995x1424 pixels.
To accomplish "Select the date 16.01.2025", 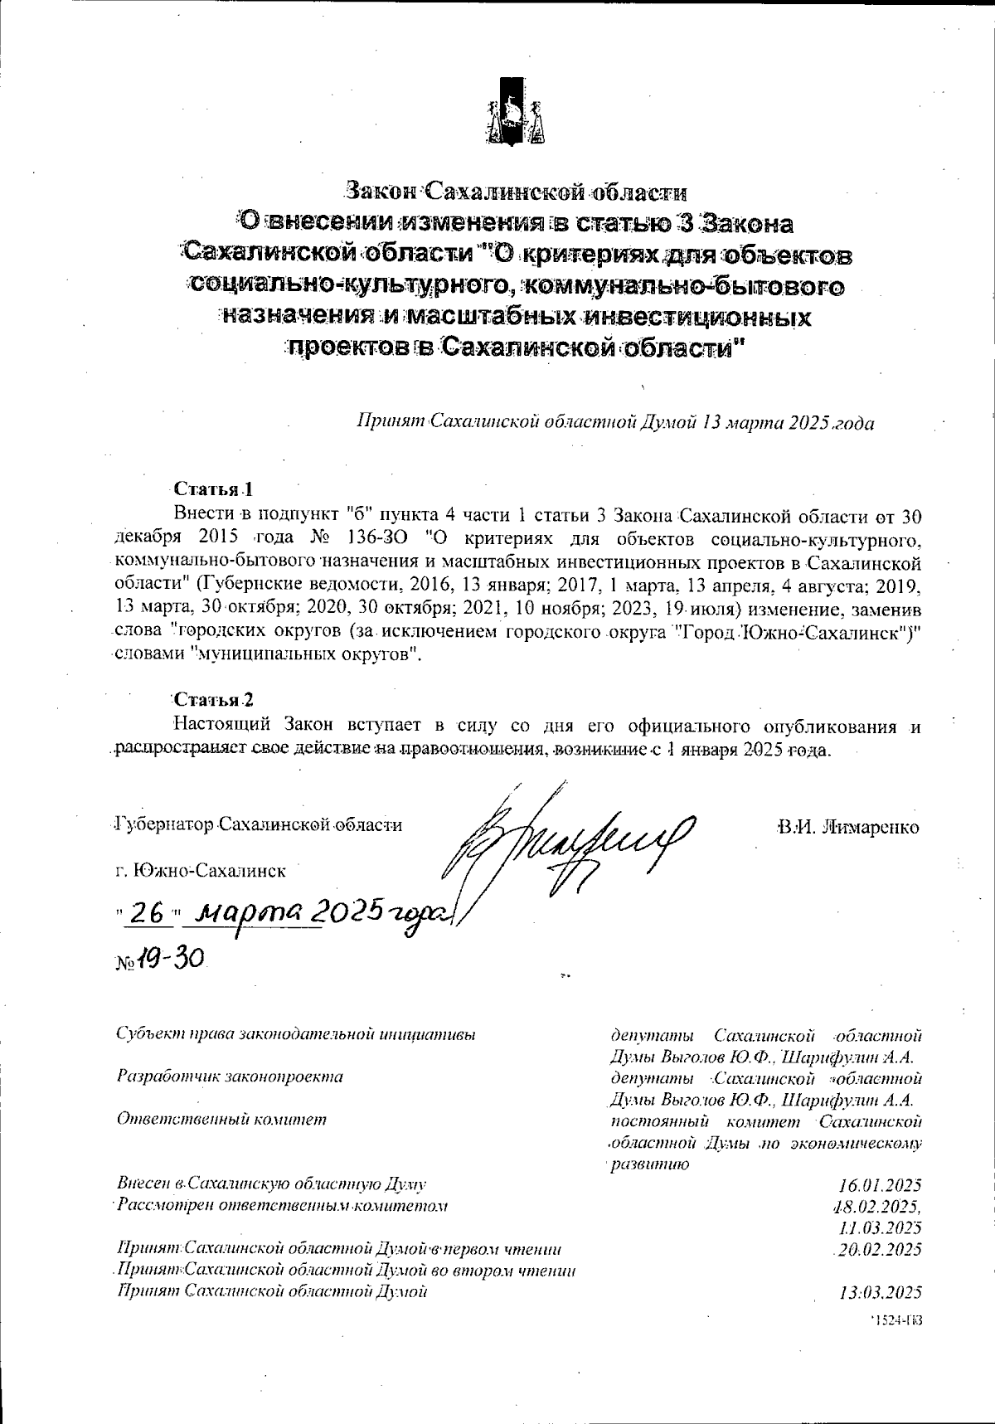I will (x=880, y=1184).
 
